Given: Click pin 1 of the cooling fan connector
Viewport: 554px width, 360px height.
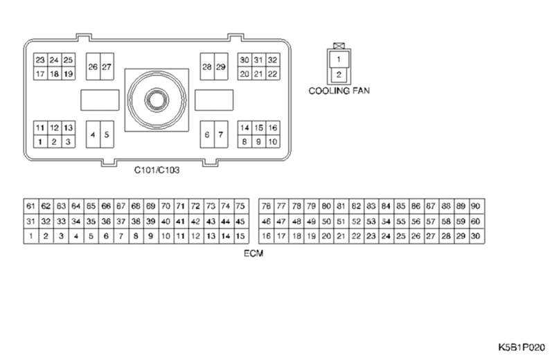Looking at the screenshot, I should (339, 60).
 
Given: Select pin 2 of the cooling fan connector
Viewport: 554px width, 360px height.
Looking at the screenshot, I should (339, 74).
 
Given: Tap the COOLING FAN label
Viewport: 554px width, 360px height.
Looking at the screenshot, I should (339, 91).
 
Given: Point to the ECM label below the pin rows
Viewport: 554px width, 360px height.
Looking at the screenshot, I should (253, 254).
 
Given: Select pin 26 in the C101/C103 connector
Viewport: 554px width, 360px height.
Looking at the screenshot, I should (93, 67).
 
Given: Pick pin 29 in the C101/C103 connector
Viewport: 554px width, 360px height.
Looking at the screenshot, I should (221, 67).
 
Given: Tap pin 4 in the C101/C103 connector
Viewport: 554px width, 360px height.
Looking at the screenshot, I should (93, 135).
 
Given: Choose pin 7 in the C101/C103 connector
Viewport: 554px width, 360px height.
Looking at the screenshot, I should (221, 135).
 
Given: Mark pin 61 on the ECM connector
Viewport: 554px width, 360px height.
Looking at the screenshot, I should (30, 206).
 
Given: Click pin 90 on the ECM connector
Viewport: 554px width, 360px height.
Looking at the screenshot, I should (476, 206).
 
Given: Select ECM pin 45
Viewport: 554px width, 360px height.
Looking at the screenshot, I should (240, 222).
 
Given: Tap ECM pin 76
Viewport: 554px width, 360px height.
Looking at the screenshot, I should (267, 206).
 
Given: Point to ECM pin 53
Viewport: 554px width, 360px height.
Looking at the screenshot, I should (371, 222).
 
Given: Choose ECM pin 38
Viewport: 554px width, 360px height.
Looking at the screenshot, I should (136, 222).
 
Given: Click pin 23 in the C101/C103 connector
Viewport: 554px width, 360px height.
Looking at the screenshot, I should (40, 60).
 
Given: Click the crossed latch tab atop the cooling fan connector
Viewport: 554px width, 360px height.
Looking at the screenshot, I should (339, 46).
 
